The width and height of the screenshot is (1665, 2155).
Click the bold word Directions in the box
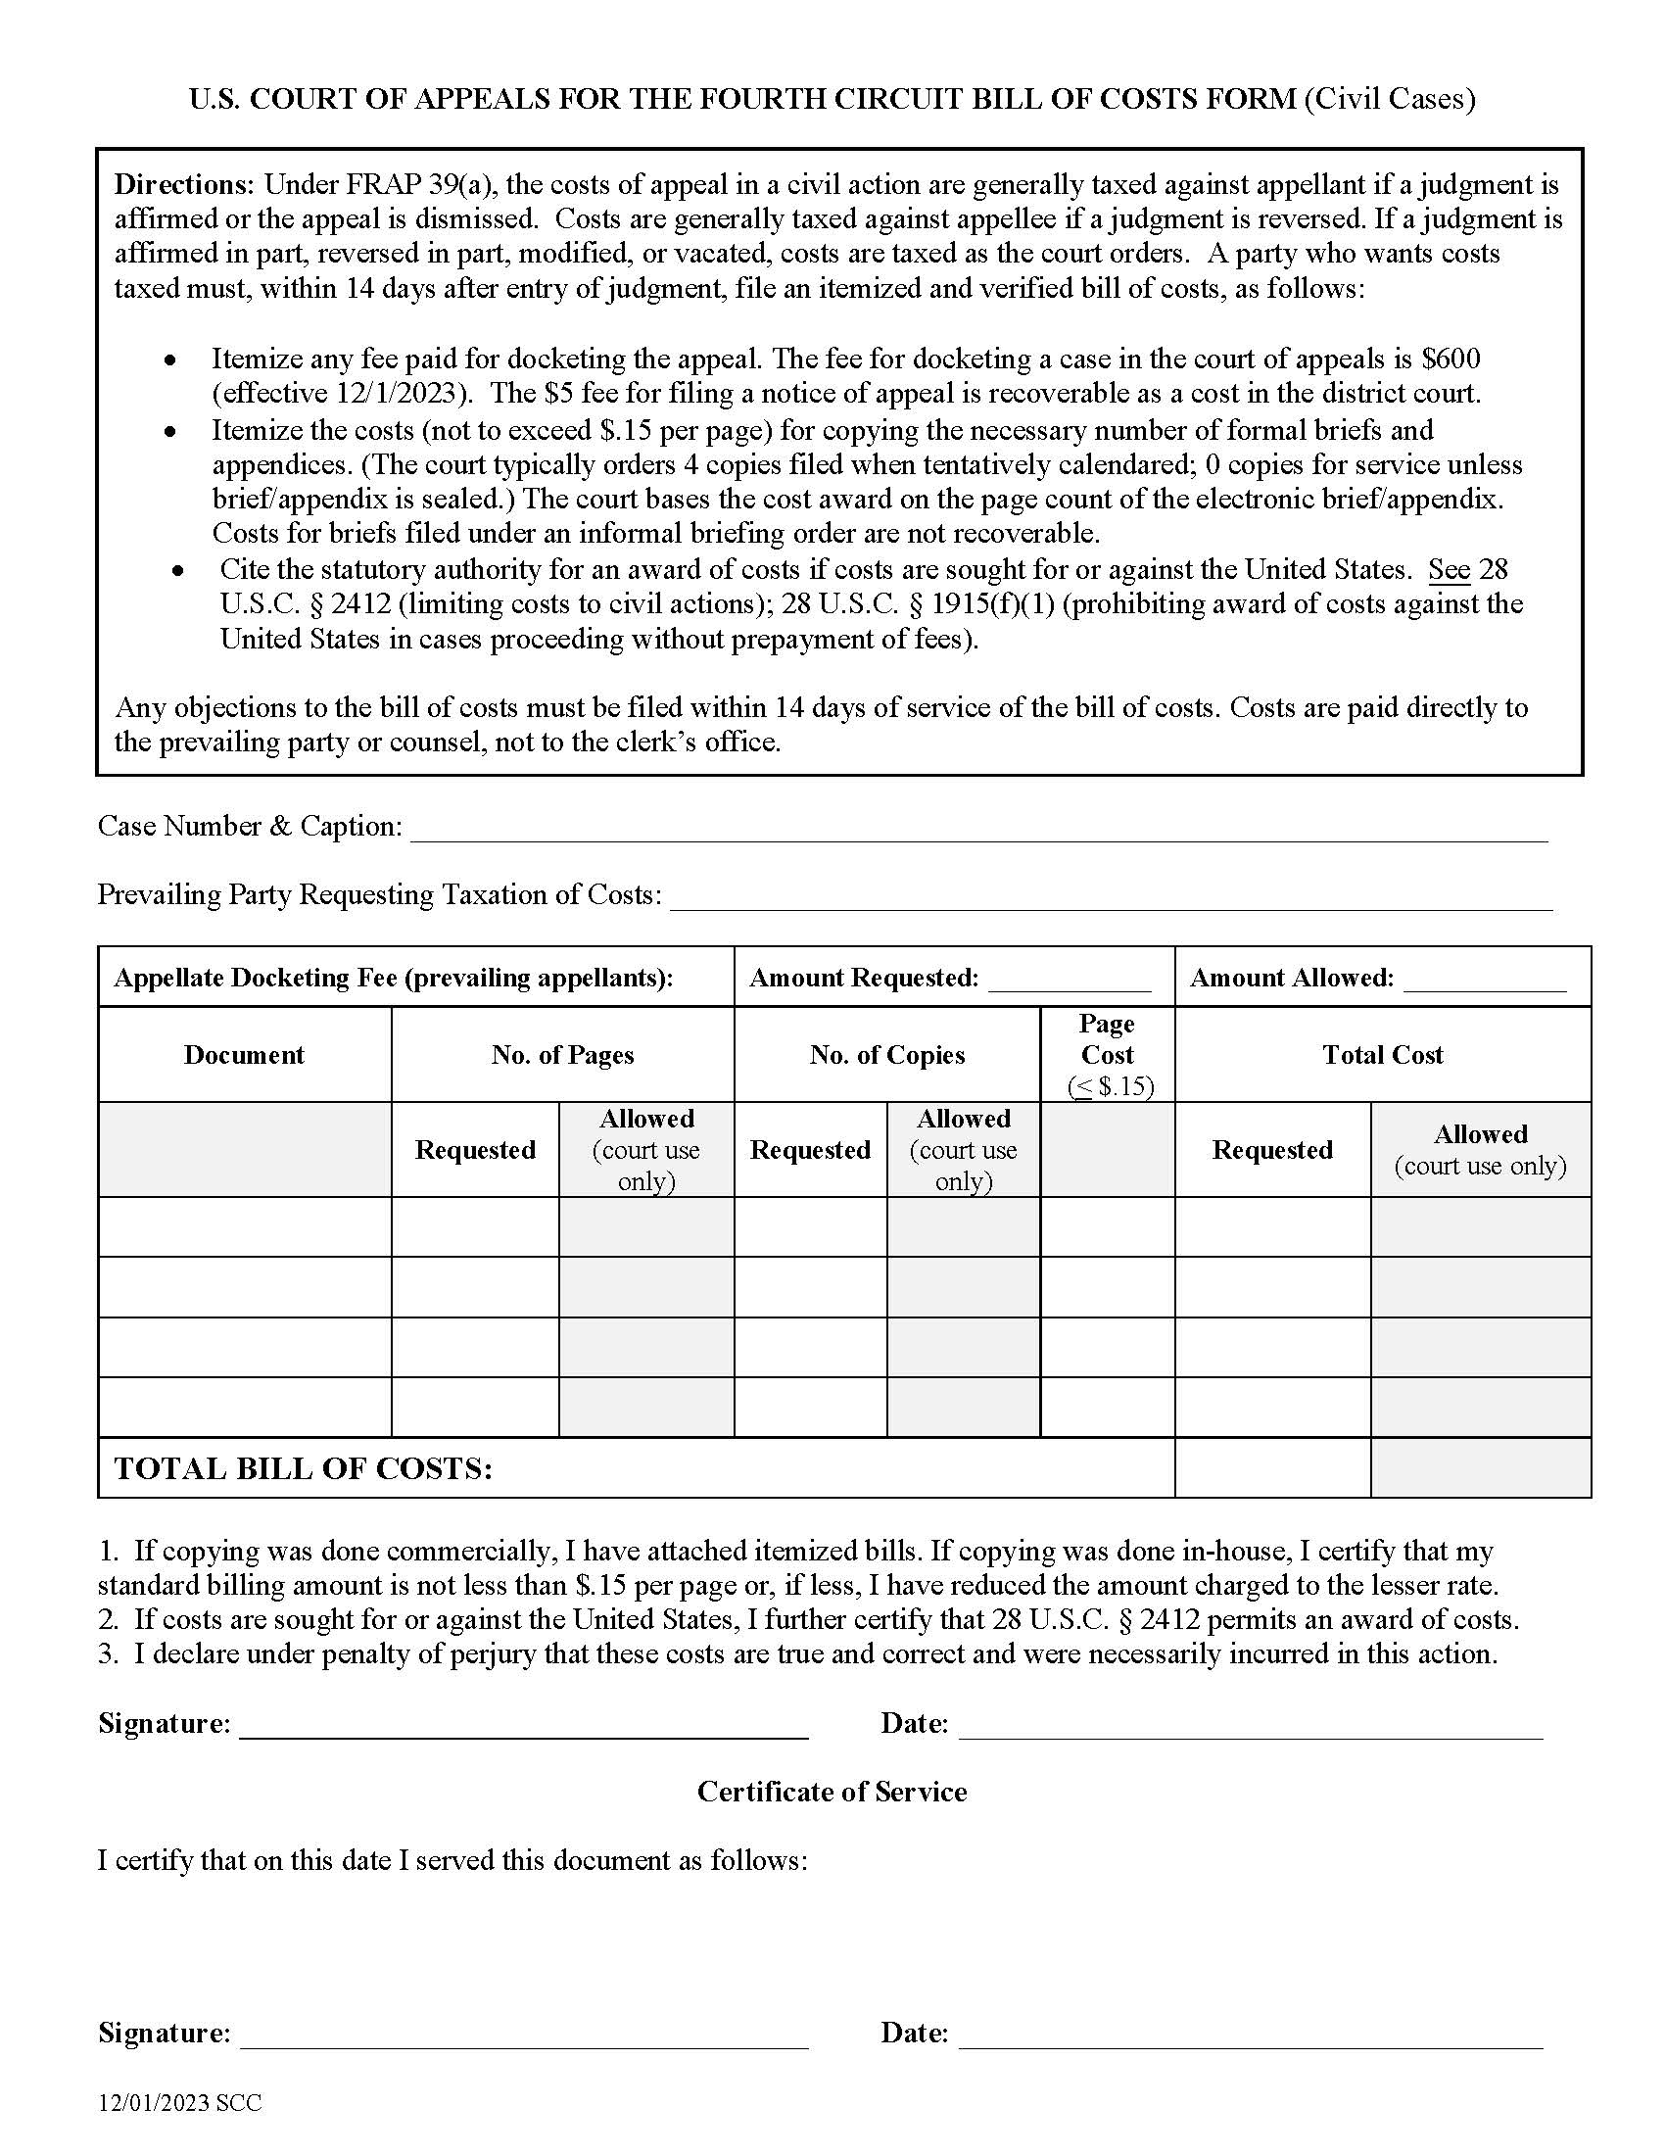tap(183, 184)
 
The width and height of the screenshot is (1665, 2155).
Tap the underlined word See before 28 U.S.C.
tap(1449, 569)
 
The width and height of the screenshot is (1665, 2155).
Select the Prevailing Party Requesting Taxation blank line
tap(1111, 899)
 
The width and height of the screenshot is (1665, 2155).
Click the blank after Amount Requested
tap(1070, 980)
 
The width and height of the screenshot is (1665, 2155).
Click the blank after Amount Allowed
tap(1485, 980)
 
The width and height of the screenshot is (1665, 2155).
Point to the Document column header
tap(244, 1055)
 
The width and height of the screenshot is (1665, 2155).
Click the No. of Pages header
tap(562, 1055)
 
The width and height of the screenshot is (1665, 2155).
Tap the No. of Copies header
tap(886, 1055)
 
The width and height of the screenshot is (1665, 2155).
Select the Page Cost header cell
tap(1107, 1054)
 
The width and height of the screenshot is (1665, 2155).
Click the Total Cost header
tap(1382, 1055)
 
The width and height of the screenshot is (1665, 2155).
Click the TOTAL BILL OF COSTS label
tap(304, 1468)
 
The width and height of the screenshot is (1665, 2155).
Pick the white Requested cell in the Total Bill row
tap(1271, 1468)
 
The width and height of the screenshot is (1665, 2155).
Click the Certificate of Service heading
tap(832, 1792)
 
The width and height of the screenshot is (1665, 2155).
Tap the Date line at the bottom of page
tap(1250, 2035)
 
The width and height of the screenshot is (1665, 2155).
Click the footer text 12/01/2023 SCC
tap(179, 2103)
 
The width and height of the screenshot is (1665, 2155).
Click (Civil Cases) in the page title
tap(1390, 99)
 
